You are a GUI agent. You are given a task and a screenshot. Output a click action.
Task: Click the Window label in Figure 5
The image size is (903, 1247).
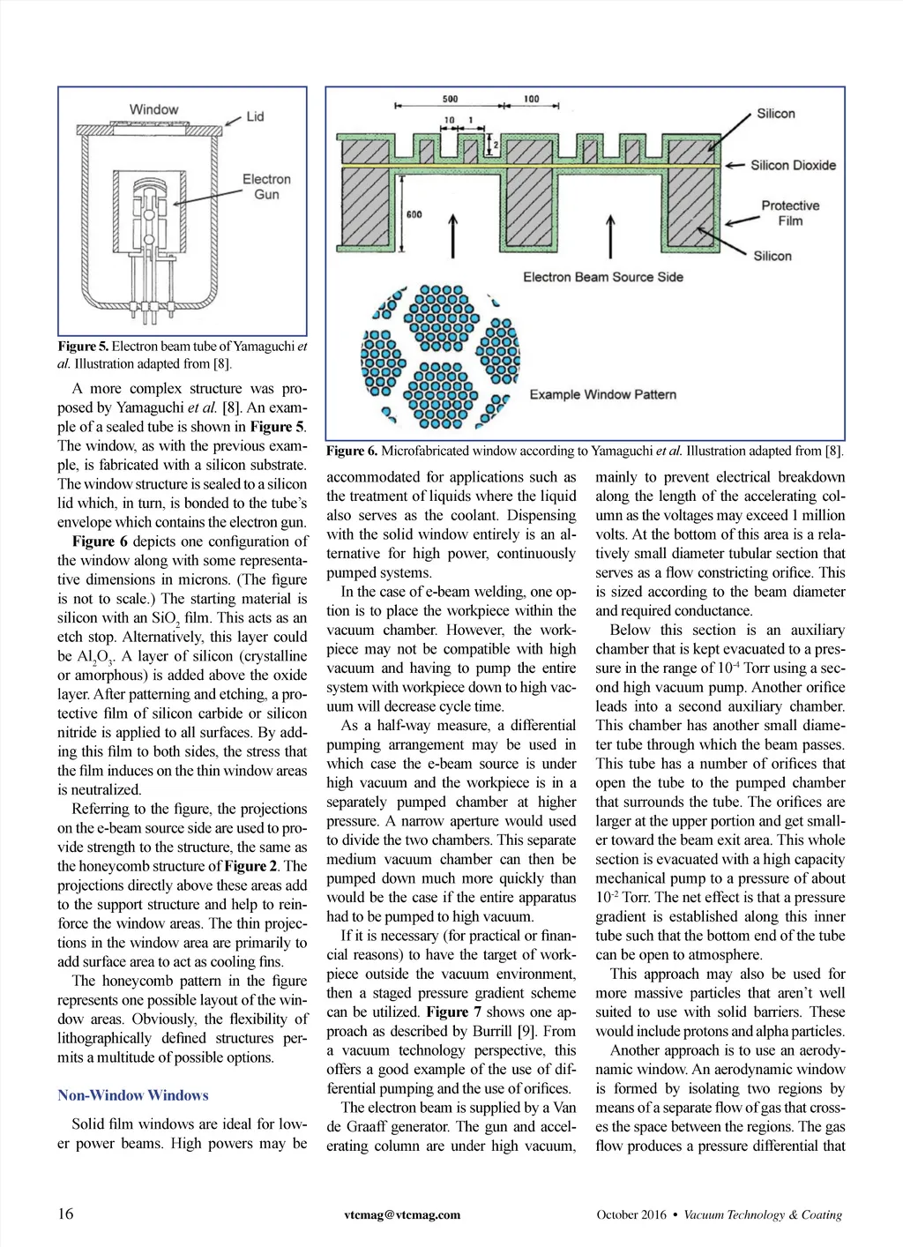click(153, 109)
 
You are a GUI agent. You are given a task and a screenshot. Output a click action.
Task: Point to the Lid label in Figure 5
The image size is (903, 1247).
click(255, 116)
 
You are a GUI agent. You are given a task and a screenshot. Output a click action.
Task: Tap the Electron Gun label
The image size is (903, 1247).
click(266, 186)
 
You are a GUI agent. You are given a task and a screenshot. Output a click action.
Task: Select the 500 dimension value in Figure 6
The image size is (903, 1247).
click(450, 99)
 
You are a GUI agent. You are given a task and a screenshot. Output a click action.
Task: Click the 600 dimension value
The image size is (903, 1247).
click(414, 214)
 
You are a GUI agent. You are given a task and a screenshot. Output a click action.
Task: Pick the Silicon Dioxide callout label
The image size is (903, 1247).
click(793, 165)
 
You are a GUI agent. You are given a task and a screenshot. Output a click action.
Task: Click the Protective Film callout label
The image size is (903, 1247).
click(790, 213)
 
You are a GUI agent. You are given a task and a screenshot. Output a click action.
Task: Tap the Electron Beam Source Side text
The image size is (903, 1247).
click(602, 277)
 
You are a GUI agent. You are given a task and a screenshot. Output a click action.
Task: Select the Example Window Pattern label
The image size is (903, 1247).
click(602, 394)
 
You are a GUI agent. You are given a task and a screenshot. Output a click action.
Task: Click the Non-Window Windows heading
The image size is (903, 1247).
click(133, 1095)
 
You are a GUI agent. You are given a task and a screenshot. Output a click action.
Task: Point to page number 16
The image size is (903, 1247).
click(66, 1213)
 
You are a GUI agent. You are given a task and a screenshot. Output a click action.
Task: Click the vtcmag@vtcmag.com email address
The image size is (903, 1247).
click(402, 1214)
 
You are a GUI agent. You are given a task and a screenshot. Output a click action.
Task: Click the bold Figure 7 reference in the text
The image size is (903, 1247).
click(453, 1012)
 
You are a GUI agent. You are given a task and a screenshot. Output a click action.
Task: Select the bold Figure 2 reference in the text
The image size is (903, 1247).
click(252, 866)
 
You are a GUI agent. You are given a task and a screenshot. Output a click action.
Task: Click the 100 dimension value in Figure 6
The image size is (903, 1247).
click(531, 99)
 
